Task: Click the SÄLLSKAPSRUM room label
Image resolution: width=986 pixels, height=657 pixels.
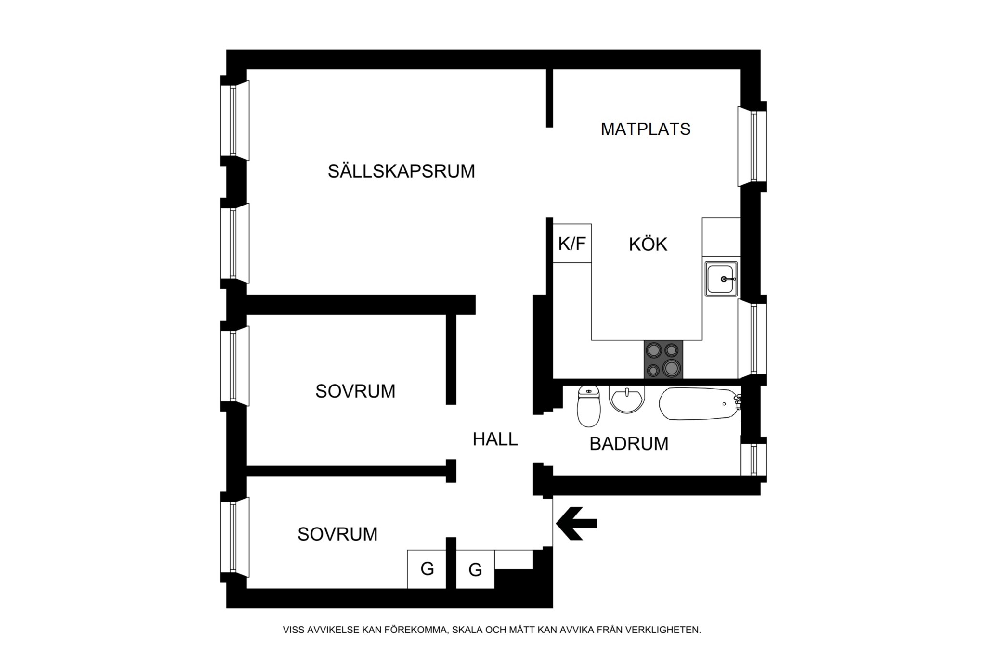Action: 402,171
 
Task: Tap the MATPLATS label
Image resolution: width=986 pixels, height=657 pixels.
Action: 646,129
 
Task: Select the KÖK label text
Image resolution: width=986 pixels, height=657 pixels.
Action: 648,244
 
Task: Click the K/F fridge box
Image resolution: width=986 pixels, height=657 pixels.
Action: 572,244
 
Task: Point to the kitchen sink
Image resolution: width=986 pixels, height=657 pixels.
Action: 721,279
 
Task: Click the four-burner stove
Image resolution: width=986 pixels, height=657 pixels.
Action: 663,359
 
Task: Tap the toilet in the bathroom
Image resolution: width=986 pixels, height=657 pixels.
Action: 588,406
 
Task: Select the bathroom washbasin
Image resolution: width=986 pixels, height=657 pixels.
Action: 627,399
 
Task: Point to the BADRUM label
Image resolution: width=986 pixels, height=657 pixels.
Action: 629,443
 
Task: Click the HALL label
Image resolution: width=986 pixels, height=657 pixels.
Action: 495,439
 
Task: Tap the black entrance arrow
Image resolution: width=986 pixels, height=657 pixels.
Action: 576,523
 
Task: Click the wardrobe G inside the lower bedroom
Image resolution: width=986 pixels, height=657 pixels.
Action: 427,569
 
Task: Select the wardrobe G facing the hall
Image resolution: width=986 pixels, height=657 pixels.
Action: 475,569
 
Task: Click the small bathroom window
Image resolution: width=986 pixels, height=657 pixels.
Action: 753,459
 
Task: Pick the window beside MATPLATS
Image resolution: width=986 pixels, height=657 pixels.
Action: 752,146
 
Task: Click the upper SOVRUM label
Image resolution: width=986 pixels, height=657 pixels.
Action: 355,391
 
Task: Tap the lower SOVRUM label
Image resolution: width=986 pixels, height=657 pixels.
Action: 337,534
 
